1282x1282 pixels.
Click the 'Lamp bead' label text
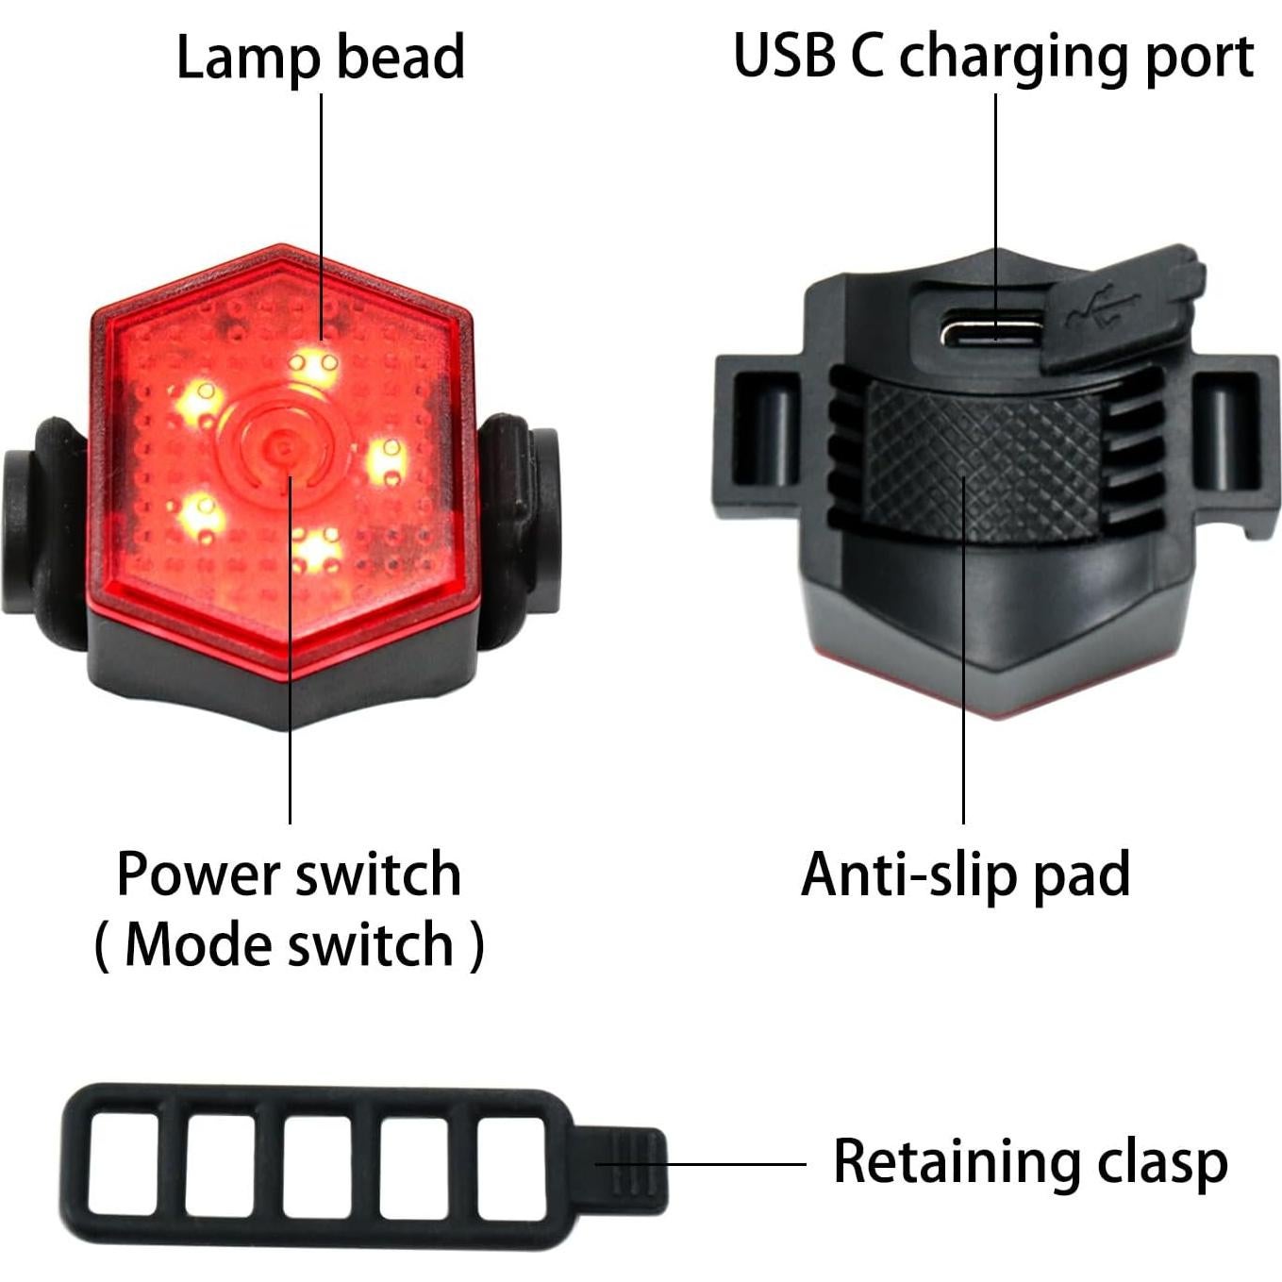coord(320,57)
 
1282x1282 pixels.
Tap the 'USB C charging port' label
coord(992,57)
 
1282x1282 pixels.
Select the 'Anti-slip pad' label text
coord(964,874)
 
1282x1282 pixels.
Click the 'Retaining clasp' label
coord(1029,1161)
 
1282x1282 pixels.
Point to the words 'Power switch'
coord(289,874)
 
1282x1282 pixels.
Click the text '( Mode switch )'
coord(289,943)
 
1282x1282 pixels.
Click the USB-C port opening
coord(991,332)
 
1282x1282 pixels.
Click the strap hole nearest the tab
coord(511,1166)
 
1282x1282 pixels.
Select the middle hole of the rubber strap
coord(317,1166)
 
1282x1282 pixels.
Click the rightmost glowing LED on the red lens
coord(386,461)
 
